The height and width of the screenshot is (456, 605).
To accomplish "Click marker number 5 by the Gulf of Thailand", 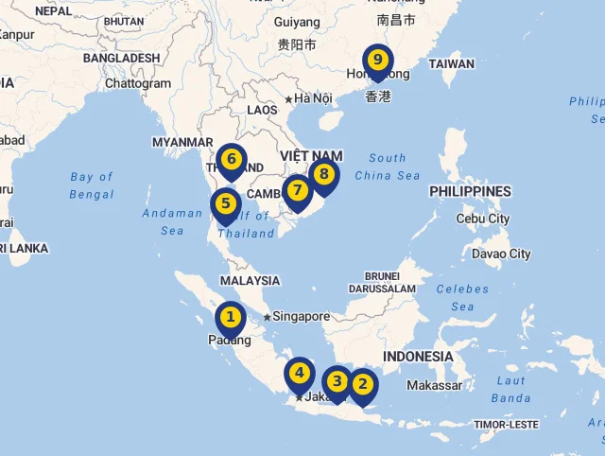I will point(226,203).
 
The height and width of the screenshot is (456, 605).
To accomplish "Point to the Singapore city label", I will point(302,317).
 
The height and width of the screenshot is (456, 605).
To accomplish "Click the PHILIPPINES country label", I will point(470,191).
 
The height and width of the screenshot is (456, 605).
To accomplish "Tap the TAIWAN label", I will point(451,64).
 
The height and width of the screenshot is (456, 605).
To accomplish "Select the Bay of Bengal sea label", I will point(92,185).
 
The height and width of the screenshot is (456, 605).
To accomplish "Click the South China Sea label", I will point(388,167).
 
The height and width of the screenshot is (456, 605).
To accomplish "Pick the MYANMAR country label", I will point(183,142).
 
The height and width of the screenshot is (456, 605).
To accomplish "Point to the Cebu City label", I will point(482,219).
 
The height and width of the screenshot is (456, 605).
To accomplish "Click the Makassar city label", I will point(434,385).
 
